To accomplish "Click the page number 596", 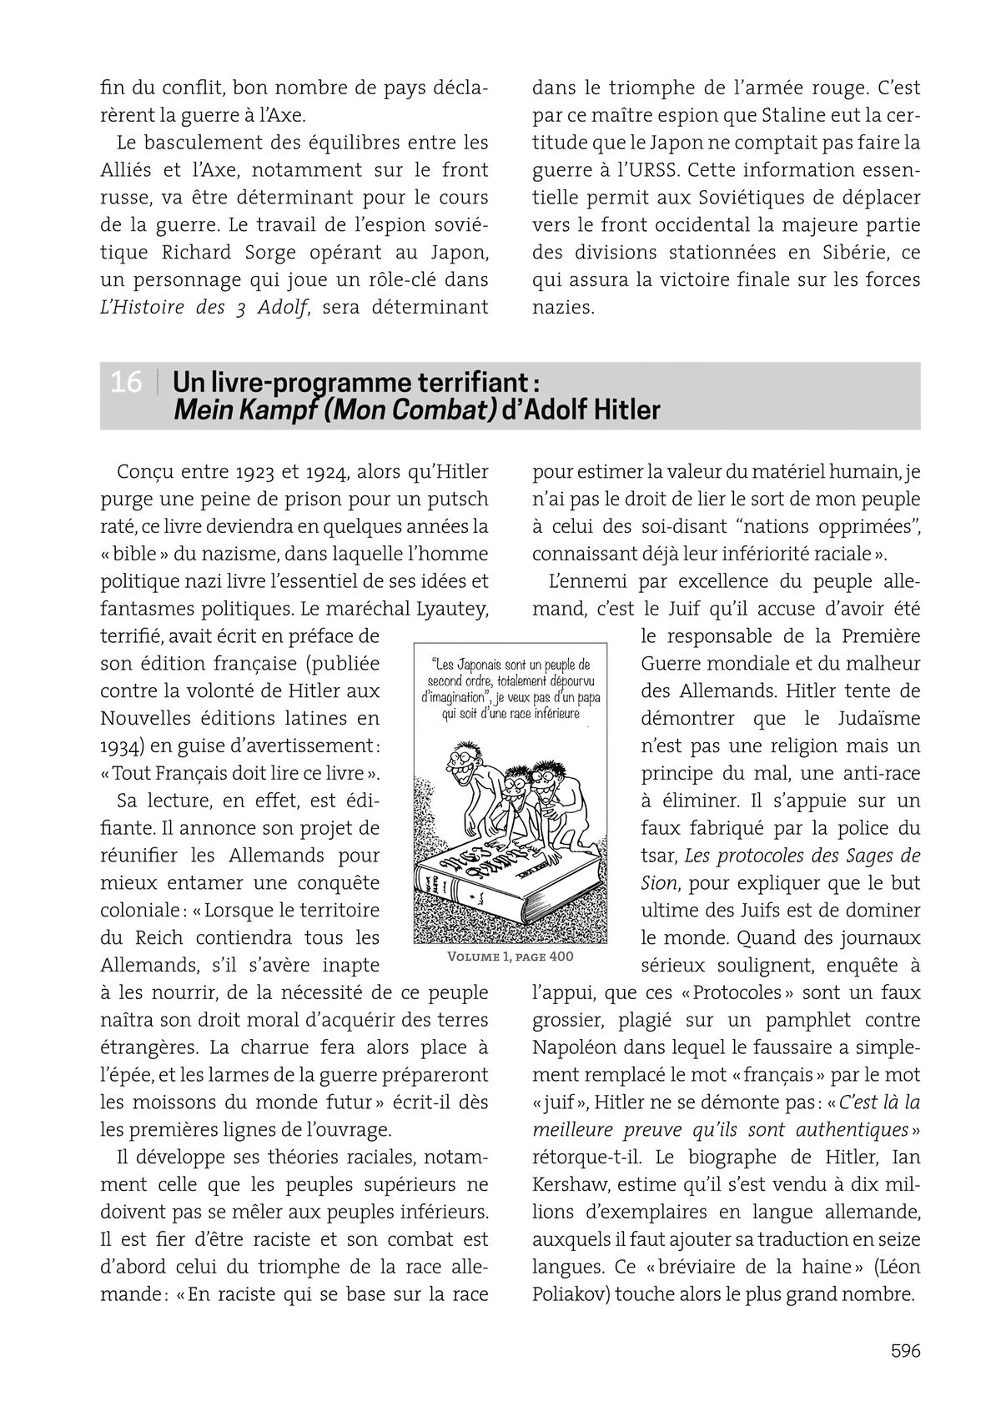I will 905,1350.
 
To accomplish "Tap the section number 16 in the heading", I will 126,383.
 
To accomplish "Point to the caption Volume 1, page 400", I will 511,957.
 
